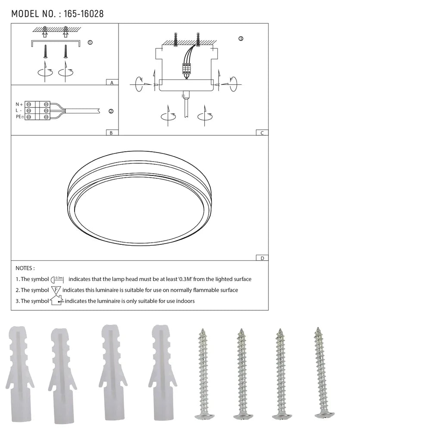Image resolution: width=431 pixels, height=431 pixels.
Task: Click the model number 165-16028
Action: coord(84,14)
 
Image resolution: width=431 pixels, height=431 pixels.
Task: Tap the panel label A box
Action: coord(112,82)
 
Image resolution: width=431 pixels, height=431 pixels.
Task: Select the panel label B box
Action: coord(112,133)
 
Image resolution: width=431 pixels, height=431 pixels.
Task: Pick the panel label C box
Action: coord(262,133)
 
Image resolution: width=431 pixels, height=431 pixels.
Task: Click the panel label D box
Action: coord(262,258)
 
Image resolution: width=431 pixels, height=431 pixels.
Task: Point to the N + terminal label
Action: coord(19,104)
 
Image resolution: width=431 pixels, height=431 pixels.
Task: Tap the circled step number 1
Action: coord(90,43)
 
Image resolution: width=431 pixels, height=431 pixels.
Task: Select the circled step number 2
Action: coord(111,111)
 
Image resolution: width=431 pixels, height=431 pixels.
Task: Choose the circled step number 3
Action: coord(240,39)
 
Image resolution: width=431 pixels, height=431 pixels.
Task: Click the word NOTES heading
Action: coord(25,268)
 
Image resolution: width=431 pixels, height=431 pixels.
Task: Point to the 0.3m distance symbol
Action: coord(57,279)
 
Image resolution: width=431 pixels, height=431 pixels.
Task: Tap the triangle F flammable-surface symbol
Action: coord(56,290)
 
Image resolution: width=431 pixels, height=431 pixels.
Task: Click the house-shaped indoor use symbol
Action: coord(56,300)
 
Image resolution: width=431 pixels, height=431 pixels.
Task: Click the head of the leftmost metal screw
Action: coord(204,416)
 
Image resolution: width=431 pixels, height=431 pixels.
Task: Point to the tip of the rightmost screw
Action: coord(318,329)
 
